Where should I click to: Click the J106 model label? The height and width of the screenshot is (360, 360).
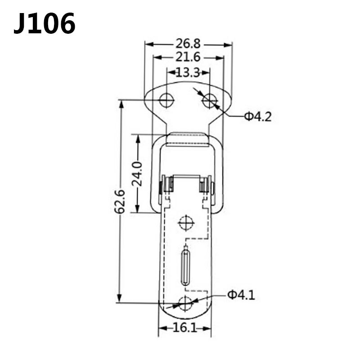(x=45, y=23)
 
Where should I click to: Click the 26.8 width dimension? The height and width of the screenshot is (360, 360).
(x=188, y=44)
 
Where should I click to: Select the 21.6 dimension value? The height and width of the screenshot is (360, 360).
(x=188, y=58)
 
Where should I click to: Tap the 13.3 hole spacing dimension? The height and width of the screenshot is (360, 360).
(x=188, y=72)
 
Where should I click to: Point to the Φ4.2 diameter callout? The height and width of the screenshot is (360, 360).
(x=258, y=117)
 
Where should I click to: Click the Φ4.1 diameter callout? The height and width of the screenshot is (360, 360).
(x=241, y=295)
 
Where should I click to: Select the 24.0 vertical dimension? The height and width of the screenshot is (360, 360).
(x=138, y=173)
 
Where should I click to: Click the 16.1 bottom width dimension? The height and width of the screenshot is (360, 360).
(x=184, y=328)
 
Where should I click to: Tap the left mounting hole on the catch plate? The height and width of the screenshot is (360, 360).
(x=166, y=100)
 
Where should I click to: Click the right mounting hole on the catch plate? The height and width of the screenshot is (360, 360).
(x=209, y=100)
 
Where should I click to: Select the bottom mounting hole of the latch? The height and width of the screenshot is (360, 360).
(x=185, y=303)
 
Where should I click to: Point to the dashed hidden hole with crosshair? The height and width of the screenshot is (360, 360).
(x=185, y=222)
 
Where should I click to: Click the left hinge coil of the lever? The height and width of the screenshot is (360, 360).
(x=168, y=185)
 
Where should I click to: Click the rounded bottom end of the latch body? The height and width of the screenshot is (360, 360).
(x=185, y=315)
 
